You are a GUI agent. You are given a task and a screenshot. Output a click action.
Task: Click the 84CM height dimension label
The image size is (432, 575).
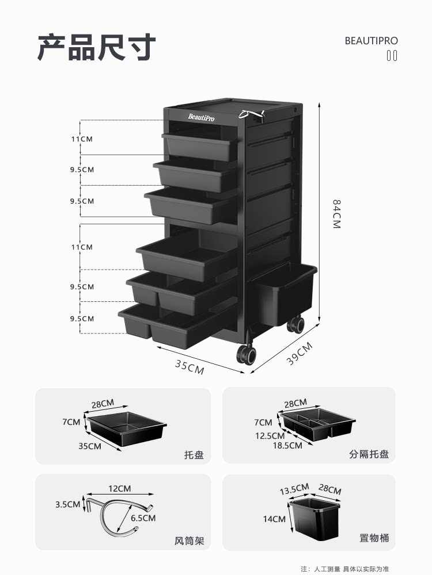point(337,214)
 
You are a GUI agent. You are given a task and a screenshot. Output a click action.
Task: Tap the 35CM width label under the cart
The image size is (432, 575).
point(190,367)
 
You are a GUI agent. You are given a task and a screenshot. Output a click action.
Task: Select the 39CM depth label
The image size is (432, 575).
point(300,354)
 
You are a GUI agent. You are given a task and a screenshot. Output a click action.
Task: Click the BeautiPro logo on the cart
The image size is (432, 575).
point(201,117)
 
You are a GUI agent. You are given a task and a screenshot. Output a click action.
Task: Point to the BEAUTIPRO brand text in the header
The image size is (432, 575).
point(371,41)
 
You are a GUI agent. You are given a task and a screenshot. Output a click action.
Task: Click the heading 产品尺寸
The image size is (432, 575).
point(97,47)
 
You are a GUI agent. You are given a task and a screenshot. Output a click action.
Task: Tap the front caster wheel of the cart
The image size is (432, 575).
point(246,354)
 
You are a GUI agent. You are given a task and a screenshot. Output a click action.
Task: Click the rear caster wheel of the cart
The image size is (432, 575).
point(295,324)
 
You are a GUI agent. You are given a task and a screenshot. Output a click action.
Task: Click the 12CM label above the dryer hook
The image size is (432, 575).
point(119,488)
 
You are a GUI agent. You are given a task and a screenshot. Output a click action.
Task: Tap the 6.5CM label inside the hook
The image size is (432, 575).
point(143,518)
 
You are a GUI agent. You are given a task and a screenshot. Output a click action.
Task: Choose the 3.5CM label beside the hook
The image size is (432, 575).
point(67,505)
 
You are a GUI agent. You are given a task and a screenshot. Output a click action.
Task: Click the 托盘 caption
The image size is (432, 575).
point(194,455)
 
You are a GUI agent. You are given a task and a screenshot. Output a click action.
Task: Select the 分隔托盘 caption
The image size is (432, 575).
point(369,454)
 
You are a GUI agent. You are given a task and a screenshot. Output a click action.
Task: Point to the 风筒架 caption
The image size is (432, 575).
point(189,541)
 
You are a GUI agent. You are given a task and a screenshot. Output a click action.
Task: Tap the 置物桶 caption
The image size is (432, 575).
point(374,538)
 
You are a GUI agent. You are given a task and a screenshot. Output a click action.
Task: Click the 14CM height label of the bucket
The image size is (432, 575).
point(274,519)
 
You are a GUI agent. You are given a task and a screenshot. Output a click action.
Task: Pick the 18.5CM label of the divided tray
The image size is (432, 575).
point(287,446)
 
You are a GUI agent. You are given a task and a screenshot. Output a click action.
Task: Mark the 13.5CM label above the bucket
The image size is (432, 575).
point(294,489)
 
